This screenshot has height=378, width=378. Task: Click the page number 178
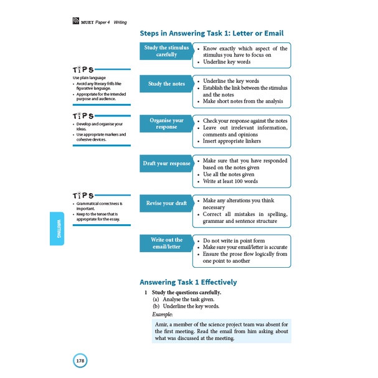point(80,360)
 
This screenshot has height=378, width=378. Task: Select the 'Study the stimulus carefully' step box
point(167,50)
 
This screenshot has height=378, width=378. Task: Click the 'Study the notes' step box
point(167,83)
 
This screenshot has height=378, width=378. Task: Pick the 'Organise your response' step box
point(167,123)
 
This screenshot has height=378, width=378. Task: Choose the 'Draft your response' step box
point(167,164)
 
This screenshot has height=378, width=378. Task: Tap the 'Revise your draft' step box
point(167,204)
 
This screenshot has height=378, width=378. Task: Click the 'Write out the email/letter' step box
point(167,243)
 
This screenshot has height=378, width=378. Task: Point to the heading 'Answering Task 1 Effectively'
point(188,282)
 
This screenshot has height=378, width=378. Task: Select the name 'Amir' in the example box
point(163,324)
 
